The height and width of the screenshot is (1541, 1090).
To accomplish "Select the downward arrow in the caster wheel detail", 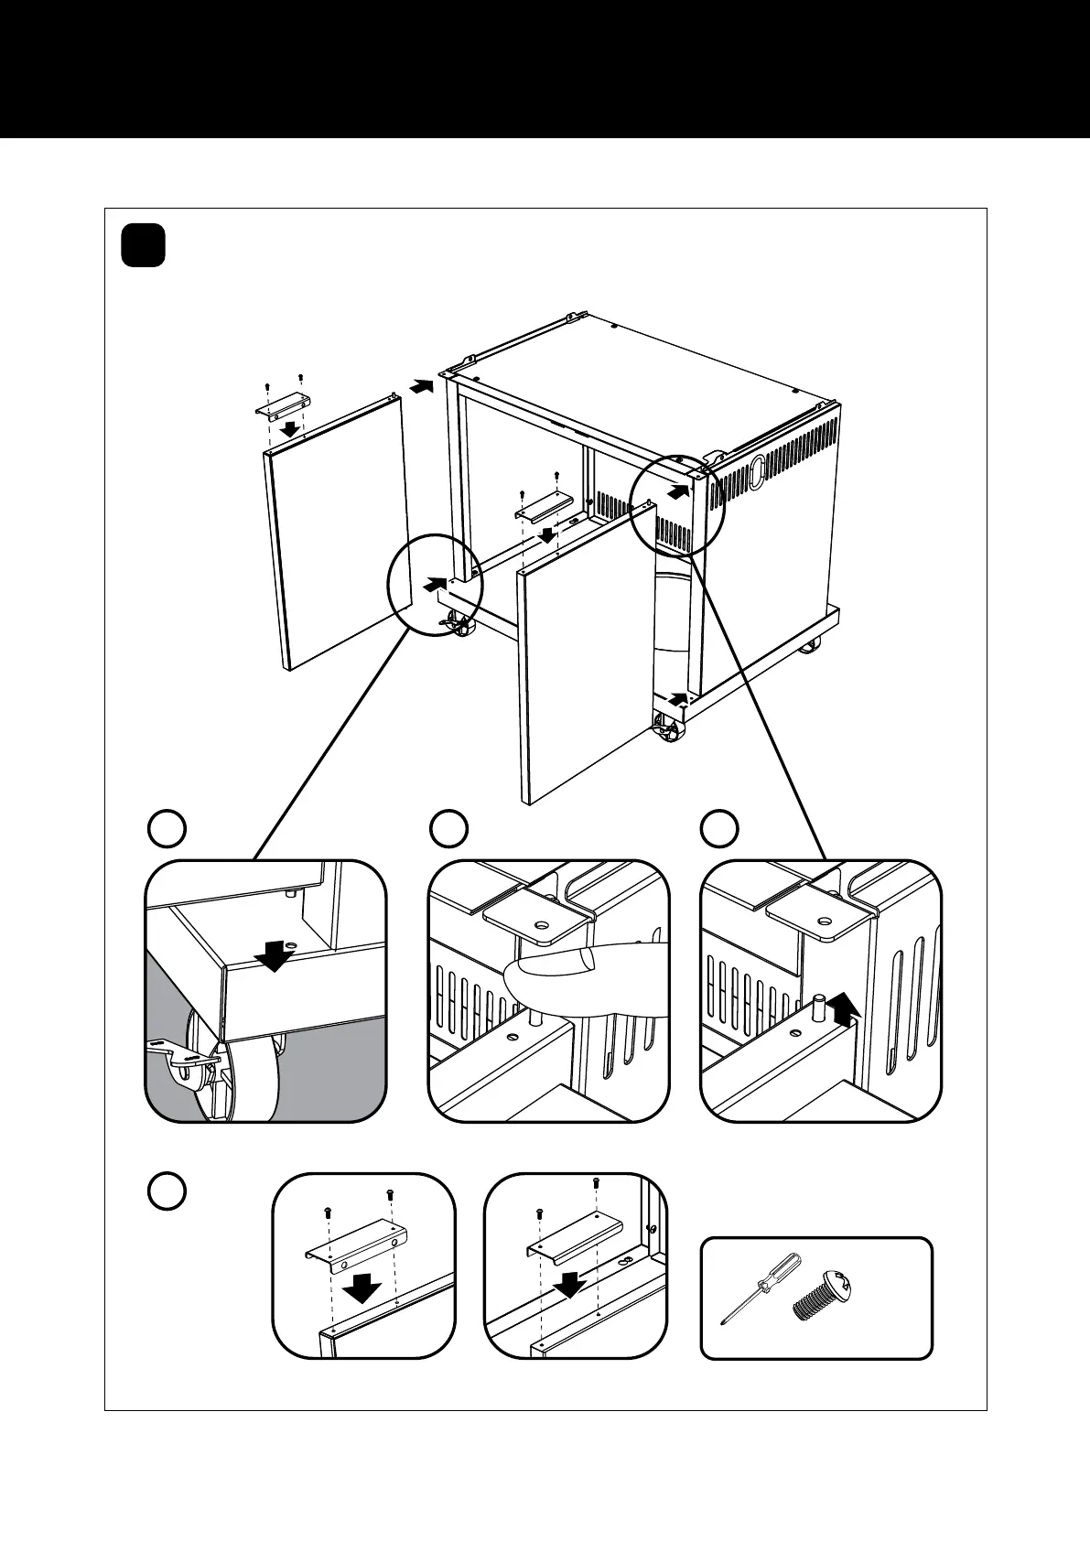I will coord(274,956).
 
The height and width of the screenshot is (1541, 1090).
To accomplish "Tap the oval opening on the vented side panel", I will coord(757,475).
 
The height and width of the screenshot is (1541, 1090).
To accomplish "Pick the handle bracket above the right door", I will coord(544,506).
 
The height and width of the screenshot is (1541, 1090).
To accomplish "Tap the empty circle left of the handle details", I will coord(167,1192).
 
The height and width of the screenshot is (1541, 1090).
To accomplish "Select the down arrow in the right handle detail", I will coord(570,1283).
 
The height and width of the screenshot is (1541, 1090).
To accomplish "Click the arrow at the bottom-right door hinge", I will coord(675,699).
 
